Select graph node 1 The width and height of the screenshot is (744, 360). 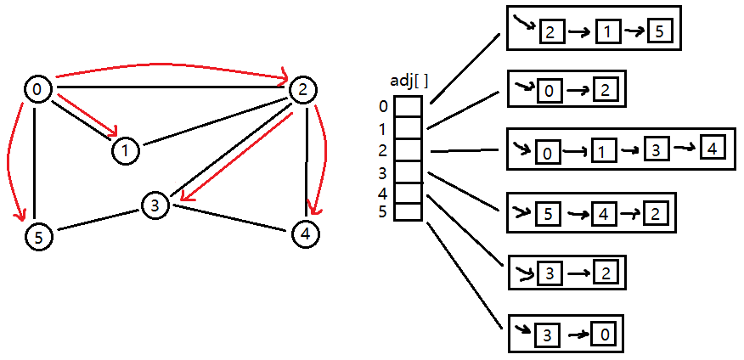[125, 151]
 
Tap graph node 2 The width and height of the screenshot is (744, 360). [302, 89]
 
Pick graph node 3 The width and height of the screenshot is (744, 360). [155, 205]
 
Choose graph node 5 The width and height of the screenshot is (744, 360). [38, 239]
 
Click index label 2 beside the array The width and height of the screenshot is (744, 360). [383, 150]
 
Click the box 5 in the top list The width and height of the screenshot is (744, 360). [659, 31]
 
